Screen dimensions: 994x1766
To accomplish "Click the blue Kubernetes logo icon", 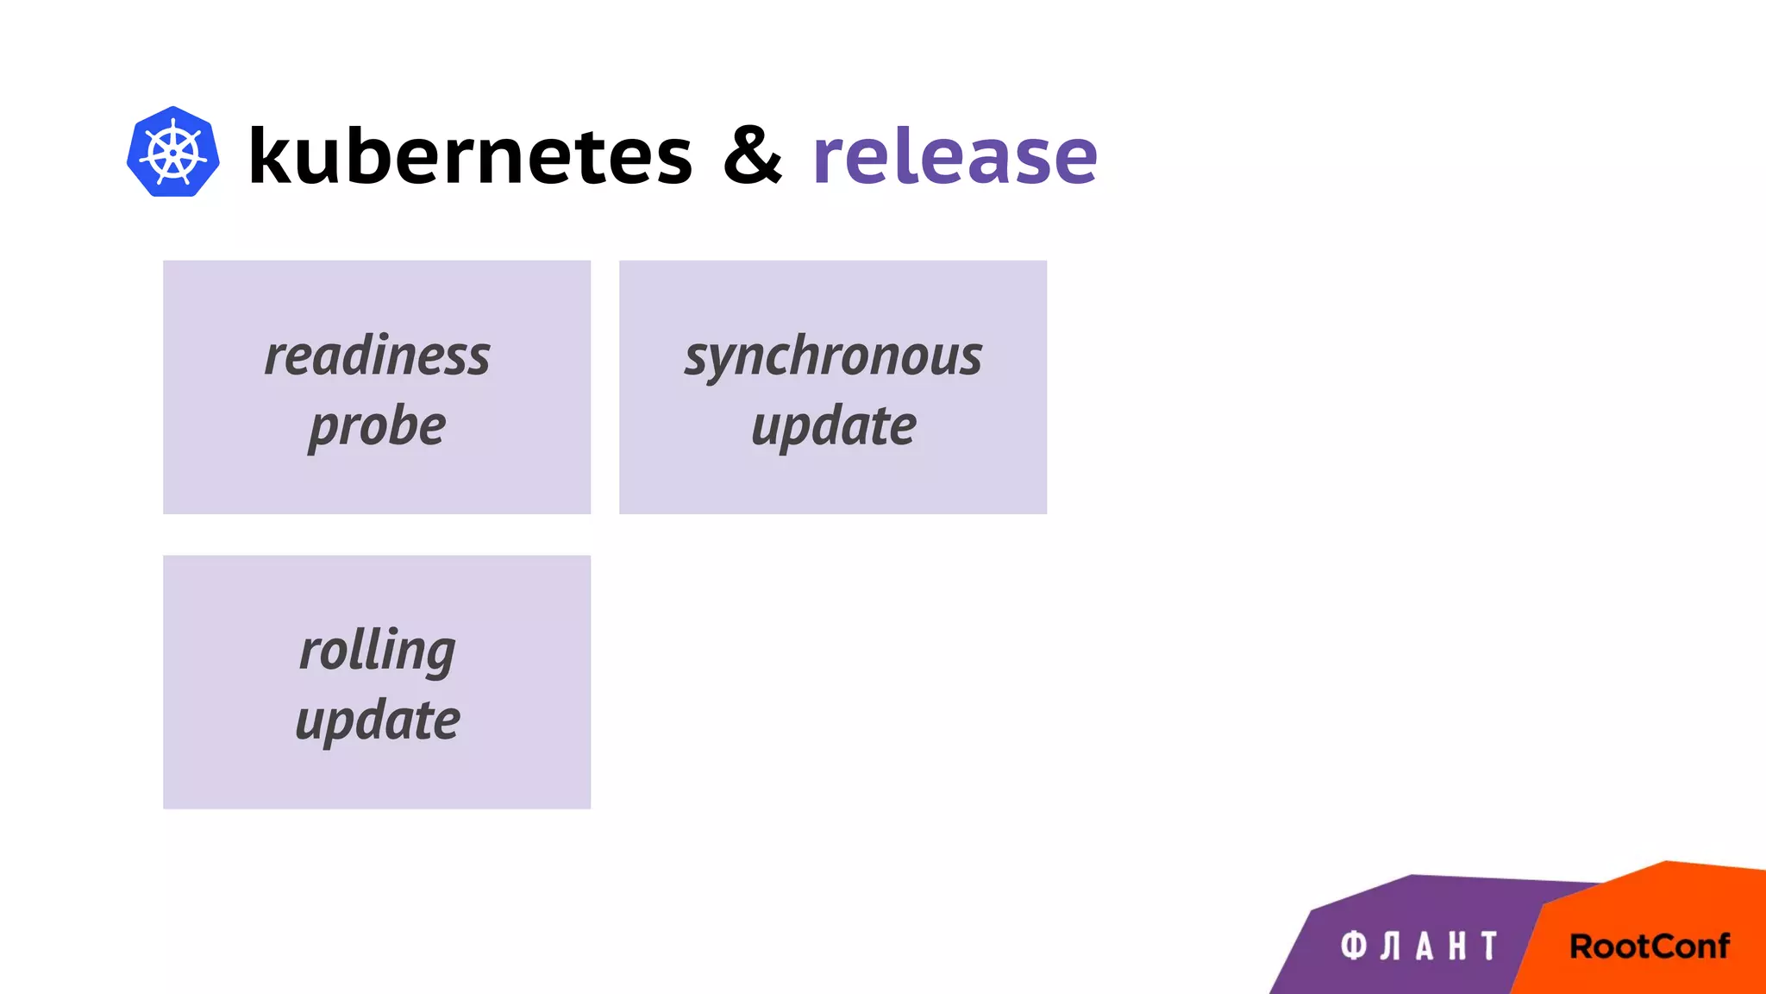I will pos(172,152).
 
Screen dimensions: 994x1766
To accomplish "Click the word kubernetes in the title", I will pos(470,155).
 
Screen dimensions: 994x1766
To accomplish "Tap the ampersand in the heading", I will pos(752,155).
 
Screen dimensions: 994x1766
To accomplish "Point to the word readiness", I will pos(377,355).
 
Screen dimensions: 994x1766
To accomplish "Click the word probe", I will pos(377,427).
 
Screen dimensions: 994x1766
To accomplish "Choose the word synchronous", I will pos(833,356).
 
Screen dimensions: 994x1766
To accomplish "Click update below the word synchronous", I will pos(833,427).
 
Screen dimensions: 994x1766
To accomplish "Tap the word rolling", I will pos(377,651).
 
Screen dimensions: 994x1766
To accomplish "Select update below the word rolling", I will pos(377,721).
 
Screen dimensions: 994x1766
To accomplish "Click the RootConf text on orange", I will pos(1649,947).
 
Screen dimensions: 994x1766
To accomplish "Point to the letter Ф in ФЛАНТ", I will pos(1354,947).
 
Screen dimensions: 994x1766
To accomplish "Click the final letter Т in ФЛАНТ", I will pos(1489,947).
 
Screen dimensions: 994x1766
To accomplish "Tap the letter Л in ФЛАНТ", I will pos(1390,947).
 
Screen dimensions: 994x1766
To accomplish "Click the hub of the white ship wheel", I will pos(172,154).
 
